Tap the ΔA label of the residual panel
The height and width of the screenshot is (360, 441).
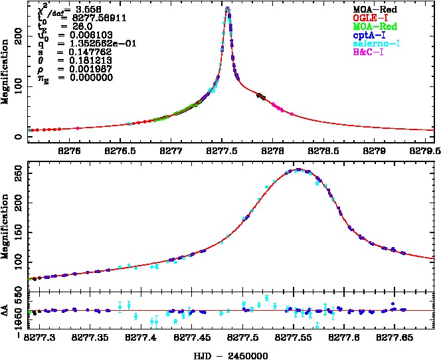(x=6, y=310)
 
